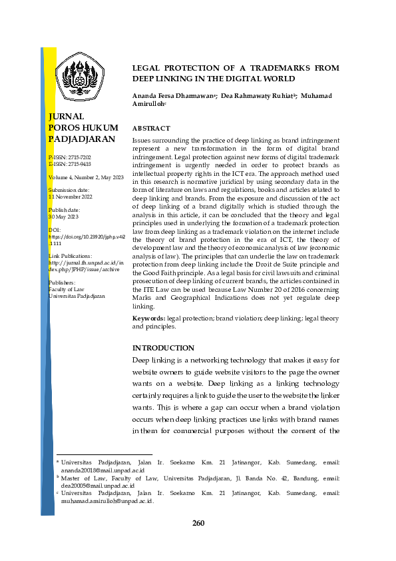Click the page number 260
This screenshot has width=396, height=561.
(x=198, y=523)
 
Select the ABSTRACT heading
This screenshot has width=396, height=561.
(x=151, y=128)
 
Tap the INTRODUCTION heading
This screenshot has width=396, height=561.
(x=163, y=348)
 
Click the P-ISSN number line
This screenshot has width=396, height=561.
(x=70, y=157)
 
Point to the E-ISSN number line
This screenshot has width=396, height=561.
(x=70, y=164)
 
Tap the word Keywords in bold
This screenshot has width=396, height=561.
(x=149, y=320)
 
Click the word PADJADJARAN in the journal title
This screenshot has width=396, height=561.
(x=82, y=139)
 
